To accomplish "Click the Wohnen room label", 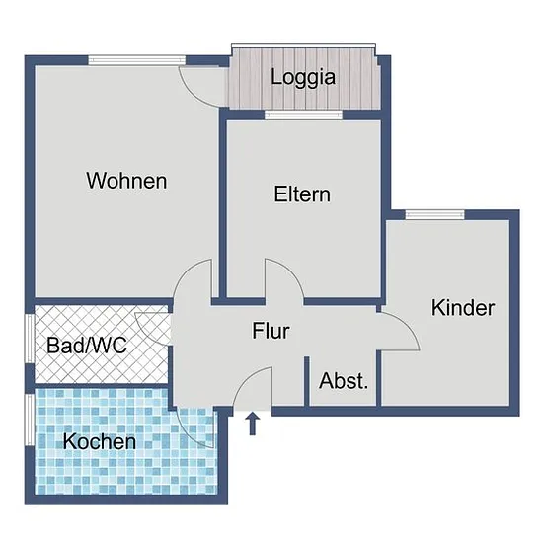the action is tap(126, 181).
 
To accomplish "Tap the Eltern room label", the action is tap(302, 194).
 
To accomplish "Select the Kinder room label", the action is tap(463, 307).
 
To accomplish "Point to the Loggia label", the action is tap(303, 78).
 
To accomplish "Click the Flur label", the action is tap(271, 331).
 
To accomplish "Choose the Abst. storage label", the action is tap(344, 380).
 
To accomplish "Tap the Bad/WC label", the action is tap(87, 346).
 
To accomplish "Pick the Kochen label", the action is tap(100, 441).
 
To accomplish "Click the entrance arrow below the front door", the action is tap(253, 424).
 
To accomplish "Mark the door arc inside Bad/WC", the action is tap(144, 332).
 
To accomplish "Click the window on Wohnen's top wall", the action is tap(137, 60).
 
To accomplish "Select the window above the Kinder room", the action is tap(435, 215).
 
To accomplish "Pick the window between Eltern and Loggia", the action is tap(304, 115).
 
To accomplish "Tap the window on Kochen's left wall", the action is tap(30, 420).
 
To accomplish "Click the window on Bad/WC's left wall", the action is tap(30, 339).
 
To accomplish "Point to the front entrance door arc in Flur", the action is tap(244, 379).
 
